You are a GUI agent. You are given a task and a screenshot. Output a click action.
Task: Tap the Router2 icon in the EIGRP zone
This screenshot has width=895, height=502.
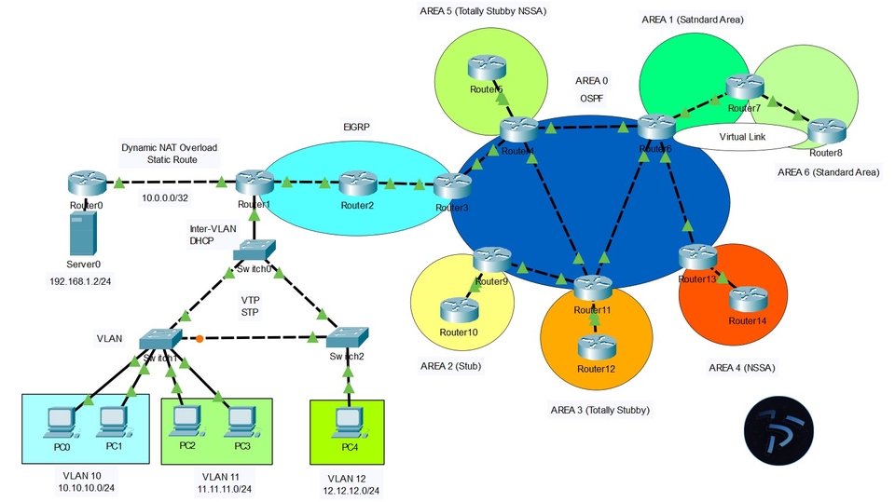pyautogui.click(x=356, y=183)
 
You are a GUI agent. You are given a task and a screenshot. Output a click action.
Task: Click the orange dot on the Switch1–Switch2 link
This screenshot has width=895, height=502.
pyautogui.click(x=199, y=337)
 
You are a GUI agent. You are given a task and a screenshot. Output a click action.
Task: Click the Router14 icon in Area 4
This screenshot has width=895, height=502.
pyautogui.click(x=746, y=298)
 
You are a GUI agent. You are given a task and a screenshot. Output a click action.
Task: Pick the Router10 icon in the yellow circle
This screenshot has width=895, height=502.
pyautogui.click(x=459, y=309)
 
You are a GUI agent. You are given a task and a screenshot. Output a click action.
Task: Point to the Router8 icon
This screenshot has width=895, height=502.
pyautogui.click(x=825, y=130)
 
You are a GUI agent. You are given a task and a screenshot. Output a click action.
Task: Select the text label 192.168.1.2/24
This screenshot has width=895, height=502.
pyautogui.click(x=84, y=278)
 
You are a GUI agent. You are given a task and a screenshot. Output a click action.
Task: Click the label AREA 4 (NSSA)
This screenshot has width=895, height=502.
pyautogui.click(x=742, y=368)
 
